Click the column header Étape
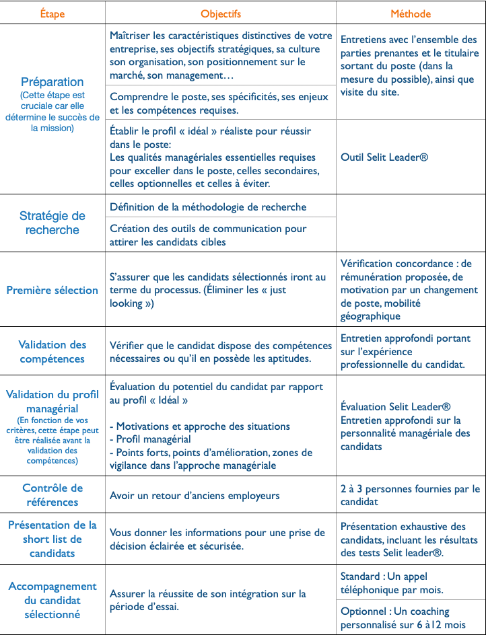[x=53, y=13]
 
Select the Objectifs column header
[x=220, y=13]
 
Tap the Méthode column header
[x=411, y=13]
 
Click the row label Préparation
[x=53, y=83]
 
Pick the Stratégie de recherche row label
[x=53, y=223]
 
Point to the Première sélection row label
[x=53, y=290]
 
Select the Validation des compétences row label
[x=53, y=351]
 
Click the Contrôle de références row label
[x=53, y=495]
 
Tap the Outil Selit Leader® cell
[x=384, y=157]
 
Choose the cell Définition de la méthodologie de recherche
[x=208, y=207]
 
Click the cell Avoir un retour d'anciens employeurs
[x=194, y=496]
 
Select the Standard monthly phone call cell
[x=393, y=583]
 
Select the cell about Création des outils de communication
[x=208, y=235]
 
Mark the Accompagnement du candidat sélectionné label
[x=53, y=600]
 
